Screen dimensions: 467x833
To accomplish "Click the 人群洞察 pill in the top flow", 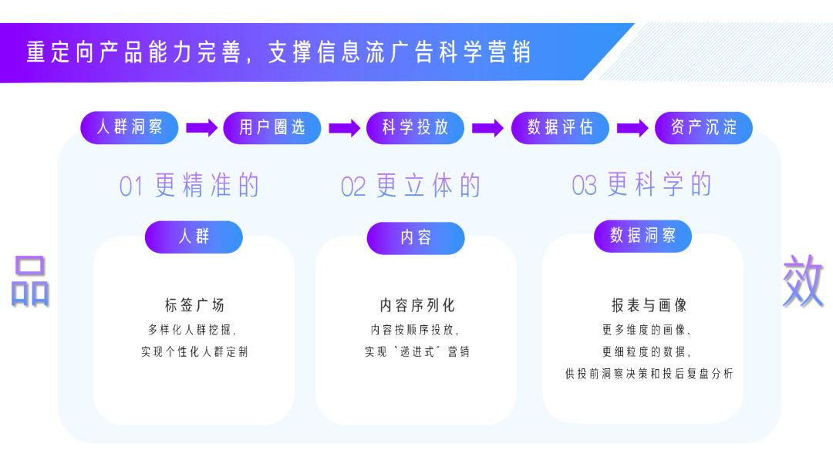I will pyautogui.click(x=130, y=128).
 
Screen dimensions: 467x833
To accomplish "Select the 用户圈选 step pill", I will pyautogui.click(x=272, y=128).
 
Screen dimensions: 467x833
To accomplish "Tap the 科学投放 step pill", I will pyautogui.click(x=416, y=128).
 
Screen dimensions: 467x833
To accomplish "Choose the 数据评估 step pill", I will pyautogui.click(x=560, y=128).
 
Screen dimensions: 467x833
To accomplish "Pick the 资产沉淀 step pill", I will pyautogui.click(x=703, y=128).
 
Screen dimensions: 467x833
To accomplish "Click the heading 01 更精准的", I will pyautogui.click(x=189, y=186).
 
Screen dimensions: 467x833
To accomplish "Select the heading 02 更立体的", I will pyautogui.click(x=411, y=186).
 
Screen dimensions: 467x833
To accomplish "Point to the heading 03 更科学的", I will pyautogui.click(x=642, y=185).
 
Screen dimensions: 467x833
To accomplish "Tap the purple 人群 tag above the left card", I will pyautogui.click(x=194, y=237).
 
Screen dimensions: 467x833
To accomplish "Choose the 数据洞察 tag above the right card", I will pyautogui.click(x=642, y=236).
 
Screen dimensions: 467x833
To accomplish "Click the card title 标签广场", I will pyautogui.click(x=194, y=305).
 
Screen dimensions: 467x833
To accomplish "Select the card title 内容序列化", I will pyautogui.click(x=416, y=305).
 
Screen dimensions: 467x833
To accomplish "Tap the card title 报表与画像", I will pyautogui.click(x=642, y=305).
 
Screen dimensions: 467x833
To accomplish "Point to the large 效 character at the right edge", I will pyautogui.click(x=803, y=281).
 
